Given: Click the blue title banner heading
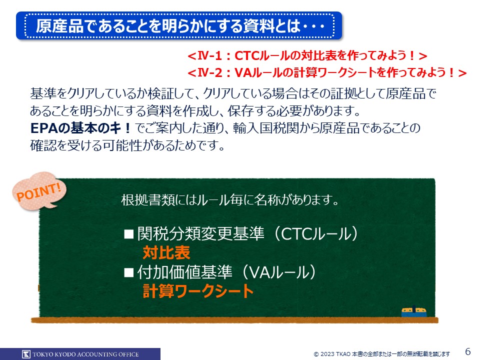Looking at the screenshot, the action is click(179, 25).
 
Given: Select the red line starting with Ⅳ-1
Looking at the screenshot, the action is click(307, 55).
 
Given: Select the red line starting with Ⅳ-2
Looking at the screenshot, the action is click(327, 73).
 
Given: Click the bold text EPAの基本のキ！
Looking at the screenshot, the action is click(81, 128).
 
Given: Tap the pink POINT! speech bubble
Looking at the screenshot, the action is click(39, 191).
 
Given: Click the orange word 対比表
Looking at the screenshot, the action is click(166, 252).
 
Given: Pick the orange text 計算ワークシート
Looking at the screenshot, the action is click(198, 291).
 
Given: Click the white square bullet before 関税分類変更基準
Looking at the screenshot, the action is click(129, 234).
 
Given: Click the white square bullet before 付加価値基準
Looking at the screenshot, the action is click(129, 272).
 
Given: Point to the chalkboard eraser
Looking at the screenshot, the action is click(414, 311).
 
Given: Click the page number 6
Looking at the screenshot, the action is click(468, 351).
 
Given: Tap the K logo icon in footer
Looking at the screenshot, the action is click(26, 354).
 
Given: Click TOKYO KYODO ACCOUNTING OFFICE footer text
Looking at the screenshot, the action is click(85, 354).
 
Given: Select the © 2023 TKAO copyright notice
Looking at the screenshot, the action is click(381, 354).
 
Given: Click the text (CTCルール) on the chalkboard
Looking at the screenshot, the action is click(315, 234).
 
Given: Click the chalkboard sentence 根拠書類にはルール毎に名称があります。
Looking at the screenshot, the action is click(230, 200).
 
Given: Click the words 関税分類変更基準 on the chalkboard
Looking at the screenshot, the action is click(201, 234).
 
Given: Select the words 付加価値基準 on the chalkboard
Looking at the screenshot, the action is click(185, 272).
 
